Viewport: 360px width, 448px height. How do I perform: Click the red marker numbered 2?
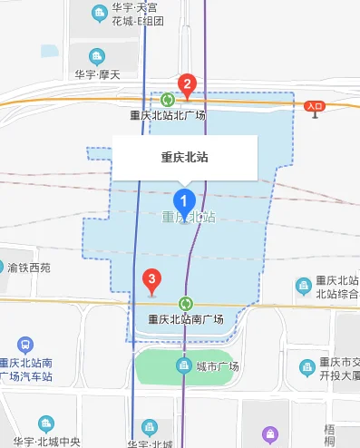coord(188,86)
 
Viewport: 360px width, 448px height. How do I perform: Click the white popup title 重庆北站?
coord(185,157)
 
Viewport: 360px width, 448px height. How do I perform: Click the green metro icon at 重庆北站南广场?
coord(187,303)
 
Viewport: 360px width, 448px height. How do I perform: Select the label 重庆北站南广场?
coord(186,319)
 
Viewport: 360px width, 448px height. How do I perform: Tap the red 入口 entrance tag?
coord(315,106)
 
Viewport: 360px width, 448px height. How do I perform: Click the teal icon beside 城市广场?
coord(182,365)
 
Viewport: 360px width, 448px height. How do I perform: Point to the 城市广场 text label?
coord(217,366)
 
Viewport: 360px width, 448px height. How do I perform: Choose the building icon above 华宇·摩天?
coord(98,55)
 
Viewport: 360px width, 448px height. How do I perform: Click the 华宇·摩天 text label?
coord(97,74)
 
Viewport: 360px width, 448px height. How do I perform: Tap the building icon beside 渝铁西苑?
coord(13,268)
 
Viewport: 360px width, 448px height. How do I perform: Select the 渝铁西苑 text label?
coord(42,268)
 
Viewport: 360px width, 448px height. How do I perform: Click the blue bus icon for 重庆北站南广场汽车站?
coord(24,345)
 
